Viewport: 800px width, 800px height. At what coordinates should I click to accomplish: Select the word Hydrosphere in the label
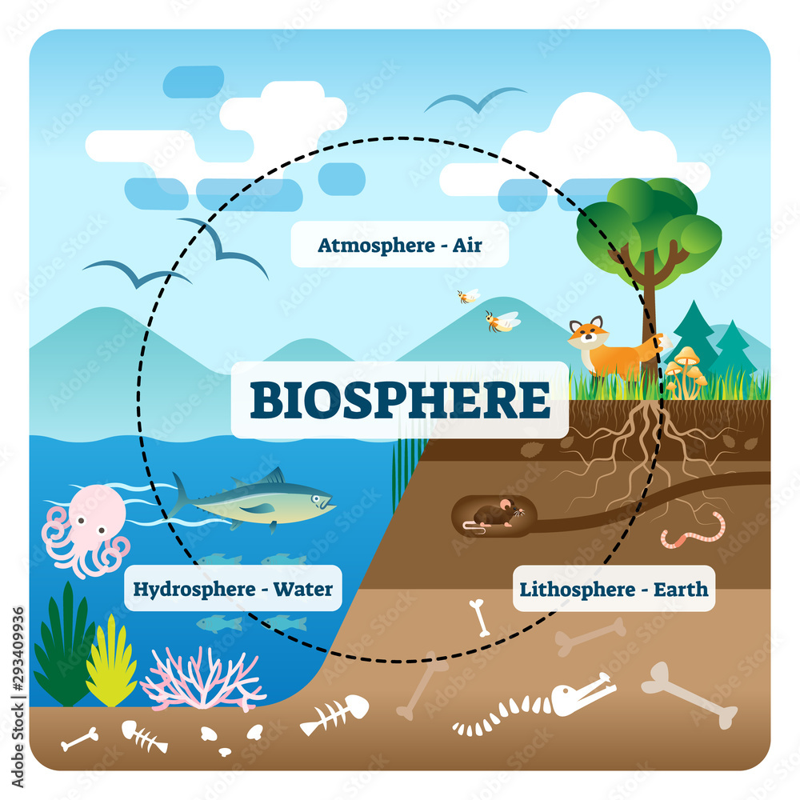point(184,590)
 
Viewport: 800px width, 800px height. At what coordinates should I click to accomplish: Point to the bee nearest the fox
point(502,321)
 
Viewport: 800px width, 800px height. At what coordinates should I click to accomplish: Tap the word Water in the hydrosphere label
point(303,590)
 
